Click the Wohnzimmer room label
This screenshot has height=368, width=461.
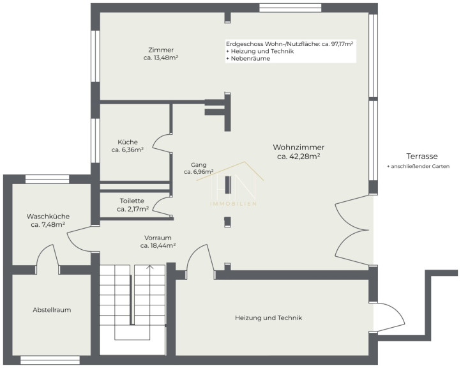coord(298,147)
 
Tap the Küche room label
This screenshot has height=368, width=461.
coord(128,142)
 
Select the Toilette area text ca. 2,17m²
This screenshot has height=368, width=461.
coord(133,209)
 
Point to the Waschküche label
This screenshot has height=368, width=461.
coord(49,217)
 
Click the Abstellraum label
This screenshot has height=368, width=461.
coord(52,310)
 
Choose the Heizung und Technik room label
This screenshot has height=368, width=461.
coord(268,318)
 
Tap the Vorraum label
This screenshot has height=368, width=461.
coord(158,238)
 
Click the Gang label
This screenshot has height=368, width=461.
coord(199,165)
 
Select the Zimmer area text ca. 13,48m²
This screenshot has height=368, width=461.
coord(161,57)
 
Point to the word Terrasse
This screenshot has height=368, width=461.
coord(422,156)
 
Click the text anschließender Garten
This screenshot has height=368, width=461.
coord(420,167)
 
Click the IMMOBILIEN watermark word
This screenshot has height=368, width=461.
coord(234,204)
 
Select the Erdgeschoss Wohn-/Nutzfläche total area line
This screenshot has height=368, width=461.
coord(290,44)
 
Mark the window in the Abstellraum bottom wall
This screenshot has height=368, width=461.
coord(50,360)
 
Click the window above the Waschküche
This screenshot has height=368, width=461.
coord(47,179)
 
